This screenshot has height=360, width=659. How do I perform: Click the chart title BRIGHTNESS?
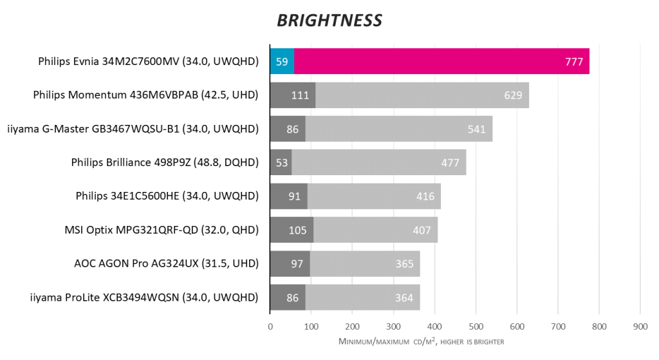point(329,20)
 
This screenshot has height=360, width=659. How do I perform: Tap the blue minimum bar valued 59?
point(282,62)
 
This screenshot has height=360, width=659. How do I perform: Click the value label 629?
point(514,95)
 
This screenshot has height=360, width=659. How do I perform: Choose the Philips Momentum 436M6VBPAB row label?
point(145,95)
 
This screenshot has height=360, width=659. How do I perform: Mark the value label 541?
point(477,129)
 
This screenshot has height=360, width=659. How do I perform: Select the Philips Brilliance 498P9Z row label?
point(165,162)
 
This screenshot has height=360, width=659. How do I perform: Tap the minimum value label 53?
point(281,162)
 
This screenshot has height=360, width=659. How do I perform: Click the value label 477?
point(450,162)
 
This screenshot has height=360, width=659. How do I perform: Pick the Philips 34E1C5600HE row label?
point(167,196)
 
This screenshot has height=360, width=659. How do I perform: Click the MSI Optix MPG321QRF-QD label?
point(162,230)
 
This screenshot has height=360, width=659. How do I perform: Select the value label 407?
point(422,230)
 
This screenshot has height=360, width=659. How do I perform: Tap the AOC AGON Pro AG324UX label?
point(167,263)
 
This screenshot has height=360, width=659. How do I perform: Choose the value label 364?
point(404,297)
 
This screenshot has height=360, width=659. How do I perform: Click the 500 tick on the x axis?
point(476,327)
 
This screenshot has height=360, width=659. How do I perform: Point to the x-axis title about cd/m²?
point(421,341)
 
